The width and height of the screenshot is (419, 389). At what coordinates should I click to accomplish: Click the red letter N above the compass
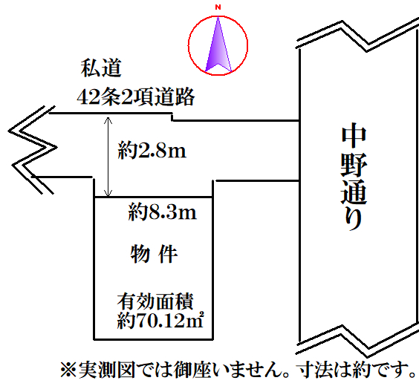tap(218, 7)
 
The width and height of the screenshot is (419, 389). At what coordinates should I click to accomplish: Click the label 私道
tap(101, 68)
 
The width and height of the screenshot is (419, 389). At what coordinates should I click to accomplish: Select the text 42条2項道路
tap(136, 97)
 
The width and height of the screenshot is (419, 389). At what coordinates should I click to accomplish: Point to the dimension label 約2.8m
tap(152, 151)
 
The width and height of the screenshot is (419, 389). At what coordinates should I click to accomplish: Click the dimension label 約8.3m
tap(162, 212)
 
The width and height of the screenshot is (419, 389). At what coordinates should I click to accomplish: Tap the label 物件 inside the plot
tap(154, 254)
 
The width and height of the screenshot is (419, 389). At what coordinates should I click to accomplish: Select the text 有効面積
tap(155, 301)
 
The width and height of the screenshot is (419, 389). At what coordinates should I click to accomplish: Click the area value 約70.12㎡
tap(160, 320)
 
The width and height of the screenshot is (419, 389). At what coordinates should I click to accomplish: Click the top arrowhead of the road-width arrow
tap(108, 120)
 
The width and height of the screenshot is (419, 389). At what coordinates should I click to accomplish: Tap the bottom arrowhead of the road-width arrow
tap(108, 194)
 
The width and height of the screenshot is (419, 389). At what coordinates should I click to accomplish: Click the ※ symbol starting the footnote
tap(68, 370)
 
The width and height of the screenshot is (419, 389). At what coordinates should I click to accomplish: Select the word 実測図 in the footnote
tap(107, 370)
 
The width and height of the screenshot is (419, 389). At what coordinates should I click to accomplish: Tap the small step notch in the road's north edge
tap(172, 117)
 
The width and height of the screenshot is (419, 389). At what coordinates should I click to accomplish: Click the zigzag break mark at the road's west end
tap(33, 149)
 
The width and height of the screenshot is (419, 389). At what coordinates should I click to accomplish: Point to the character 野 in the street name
tap(354, 166)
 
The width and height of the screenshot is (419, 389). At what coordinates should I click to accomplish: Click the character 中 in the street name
tap(354, 137)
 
